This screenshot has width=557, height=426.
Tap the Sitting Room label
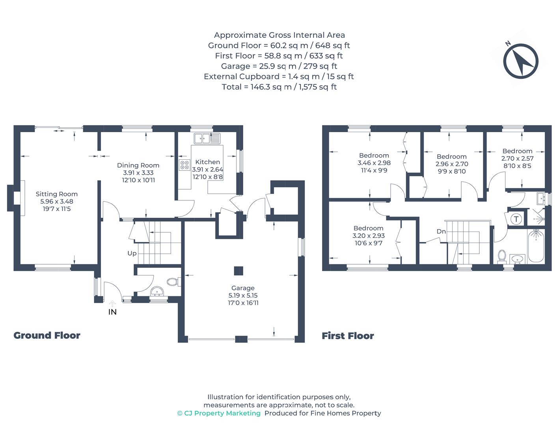coord(56,194)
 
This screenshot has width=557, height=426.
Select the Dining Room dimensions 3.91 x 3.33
coord(138,173)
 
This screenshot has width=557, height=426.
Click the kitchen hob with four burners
coord(184,165)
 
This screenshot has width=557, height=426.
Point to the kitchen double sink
coord(207,138)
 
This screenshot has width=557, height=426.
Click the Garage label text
coord(243,288)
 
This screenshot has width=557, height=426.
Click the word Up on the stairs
coord(132,253)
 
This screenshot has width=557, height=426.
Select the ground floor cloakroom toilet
coord(173,282)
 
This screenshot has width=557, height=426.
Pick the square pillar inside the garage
coord(238,271)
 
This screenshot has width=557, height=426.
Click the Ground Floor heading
coord(47,335)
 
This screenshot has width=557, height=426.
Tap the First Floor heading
coord(348,336)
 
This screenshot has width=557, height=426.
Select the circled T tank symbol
coord(516,219)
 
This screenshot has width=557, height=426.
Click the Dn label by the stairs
coord(441,232)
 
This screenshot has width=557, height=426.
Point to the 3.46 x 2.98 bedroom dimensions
coord(374,163)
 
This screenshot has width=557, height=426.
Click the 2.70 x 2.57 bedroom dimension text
coord(517,159)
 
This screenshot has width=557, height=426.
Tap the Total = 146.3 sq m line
coord(279,87)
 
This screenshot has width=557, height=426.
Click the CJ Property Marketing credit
coord(219,413)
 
